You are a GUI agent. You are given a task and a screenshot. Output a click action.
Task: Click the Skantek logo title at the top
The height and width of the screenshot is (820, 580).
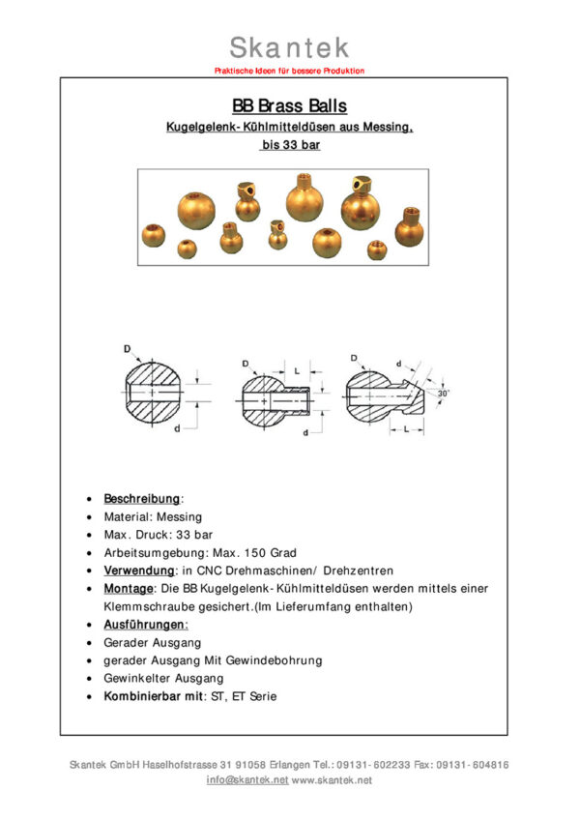click(289, 46)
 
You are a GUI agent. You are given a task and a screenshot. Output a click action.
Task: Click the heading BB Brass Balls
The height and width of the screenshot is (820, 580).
click(289, 106)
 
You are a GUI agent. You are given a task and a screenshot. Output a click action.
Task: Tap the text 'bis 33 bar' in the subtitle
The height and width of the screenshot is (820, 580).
click(289, 146)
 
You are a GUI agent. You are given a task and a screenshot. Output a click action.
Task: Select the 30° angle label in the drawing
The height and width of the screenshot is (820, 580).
click(444, 394)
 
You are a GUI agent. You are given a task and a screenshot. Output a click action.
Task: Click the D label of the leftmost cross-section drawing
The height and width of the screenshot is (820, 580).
click(127, 348)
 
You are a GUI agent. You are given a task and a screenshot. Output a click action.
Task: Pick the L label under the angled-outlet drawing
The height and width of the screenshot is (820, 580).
click(410, 426)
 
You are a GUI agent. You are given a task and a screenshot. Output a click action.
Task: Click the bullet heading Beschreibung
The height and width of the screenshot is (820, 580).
click(141, 499)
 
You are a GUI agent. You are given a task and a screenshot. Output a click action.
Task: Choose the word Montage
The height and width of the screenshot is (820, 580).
click(128, 589)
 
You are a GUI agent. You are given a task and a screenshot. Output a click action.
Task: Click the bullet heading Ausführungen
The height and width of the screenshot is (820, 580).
click(146, 625)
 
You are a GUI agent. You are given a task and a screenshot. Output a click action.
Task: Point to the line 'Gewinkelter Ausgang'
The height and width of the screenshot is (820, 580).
click(162, 679)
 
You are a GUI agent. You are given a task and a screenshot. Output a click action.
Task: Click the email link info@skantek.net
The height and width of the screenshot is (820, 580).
click(247, 779)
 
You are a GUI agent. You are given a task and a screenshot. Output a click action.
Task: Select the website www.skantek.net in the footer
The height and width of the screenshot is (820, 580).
click(332, 779)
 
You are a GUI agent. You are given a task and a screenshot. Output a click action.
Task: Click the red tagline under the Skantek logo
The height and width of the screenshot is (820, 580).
click(289, 71)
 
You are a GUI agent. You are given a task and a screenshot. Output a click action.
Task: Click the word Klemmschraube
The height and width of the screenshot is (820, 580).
click(148, 606)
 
